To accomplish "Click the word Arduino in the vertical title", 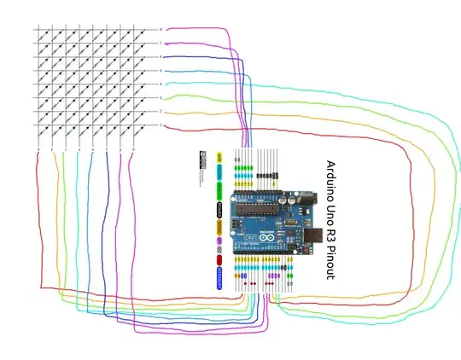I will pos(330,179).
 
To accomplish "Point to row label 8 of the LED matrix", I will pos(160,30).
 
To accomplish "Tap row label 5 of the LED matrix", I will pos(160,70).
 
